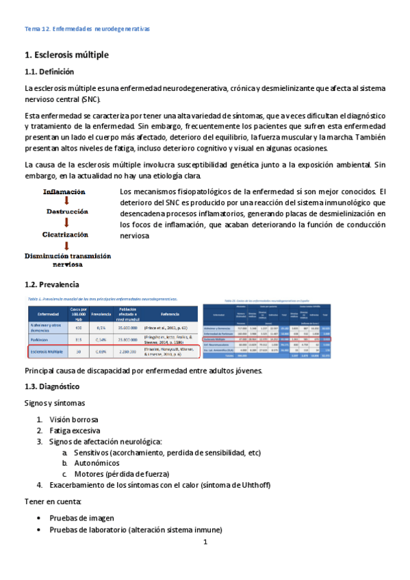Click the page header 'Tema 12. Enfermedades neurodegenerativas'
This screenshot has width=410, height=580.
click(87, 29)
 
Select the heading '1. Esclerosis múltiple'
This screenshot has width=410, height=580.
click(66, 54)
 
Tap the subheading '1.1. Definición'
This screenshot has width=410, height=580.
click(49, 72)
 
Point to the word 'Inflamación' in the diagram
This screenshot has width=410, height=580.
click(63, 192)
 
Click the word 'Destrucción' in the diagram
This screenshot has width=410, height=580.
click(68, 213)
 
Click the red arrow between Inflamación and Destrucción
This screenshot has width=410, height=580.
click(65, 202)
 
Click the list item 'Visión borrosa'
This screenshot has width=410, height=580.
click(73, 419)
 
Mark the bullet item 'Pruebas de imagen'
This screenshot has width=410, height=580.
click(81, 518)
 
